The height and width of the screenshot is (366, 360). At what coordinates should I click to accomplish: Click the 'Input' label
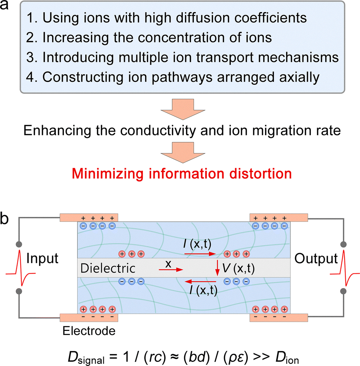click(42, 258)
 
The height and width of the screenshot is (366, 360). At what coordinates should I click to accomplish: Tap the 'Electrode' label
click(88, 331)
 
